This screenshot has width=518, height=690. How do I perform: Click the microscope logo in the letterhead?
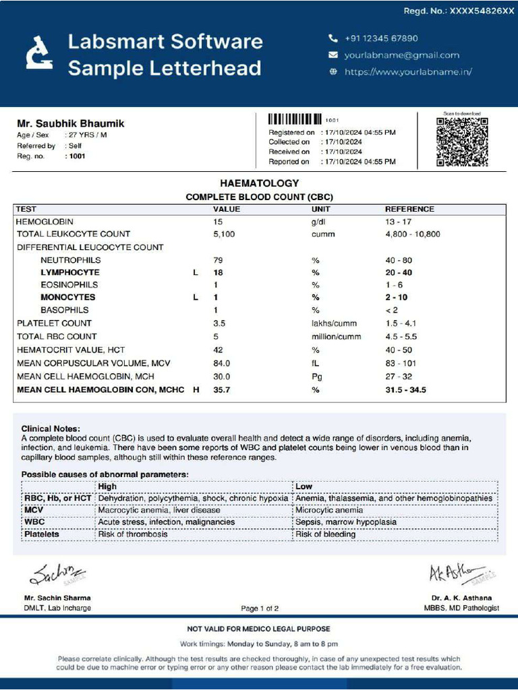38,53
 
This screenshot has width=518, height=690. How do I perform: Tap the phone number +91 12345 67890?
381,38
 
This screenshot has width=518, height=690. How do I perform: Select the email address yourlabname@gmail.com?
401,55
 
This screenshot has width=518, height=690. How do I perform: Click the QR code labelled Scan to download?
462,142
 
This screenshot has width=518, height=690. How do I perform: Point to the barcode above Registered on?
295,119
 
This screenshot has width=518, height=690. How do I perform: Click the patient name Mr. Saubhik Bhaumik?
70,123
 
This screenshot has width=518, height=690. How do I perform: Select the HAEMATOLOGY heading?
259,183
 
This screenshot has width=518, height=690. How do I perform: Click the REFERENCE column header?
409,209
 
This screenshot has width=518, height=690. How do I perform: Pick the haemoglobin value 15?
218,222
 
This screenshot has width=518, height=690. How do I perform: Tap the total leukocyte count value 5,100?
224,234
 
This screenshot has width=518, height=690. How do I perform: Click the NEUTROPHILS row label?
70,260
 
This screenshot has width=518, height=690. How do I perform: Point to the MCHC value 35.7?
222,390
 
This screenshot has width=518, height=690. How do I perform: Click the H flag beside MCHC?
196,390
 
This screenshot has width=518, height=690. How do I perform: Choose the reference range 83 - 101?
401,363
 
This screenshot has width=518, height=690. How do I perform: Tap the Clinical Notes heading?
51,429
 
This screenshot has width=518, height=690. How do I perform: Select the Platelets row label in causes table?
42,534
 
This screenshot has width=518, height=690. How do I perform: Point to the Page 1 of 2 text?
260,608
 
